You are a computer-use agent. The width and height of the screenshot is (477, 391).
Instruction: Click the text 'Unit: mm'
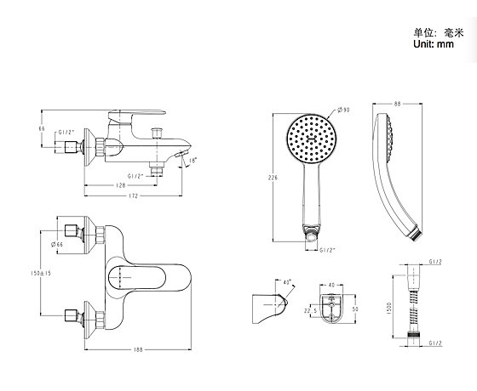coord(434,44)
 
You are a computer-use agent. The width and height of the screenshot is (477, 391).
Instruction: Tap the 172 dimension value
coord(133,195)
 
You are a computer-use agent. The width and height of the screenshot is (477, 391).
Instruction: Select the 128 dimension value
coord(121,185)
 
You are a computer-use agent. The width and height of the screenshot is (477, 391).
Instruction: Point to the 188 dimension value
coord(138,349)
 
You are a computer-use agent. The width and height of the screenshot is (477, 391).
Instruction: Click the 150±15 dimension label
coord(41,273)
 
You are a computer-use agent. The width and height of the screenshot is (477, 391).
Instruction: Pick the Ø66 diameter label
coord(57,245)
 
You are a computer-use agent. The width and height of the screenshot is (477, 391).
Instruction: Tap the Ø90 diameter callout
coord(343,110)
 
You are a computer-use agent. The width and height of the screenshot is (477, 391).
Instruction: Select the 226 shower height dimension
coord(273,178)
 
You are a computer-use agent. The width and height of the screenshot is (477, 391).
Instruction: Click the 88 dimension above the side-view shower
coord(397,104)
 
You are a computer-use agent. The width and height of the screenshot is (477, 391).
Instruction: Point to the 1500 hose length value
coord(390,308)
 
